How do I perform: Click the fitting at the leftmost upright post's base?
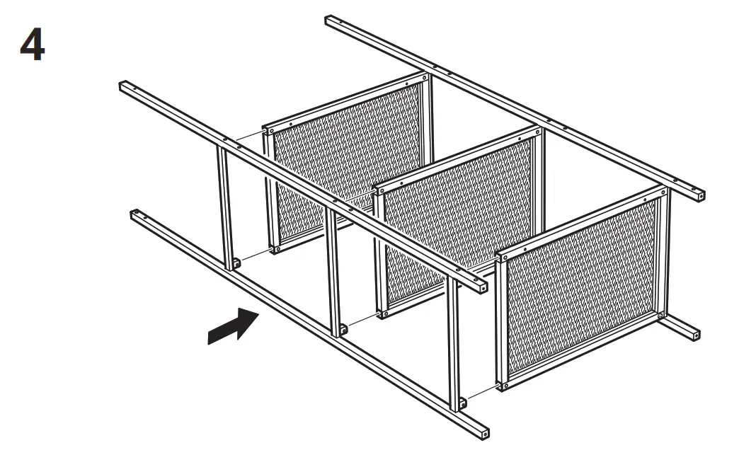click(236, 263)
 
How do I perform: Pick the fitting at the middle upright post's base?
click(344, 328)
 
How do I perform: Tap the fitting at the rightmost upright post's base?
click(462, 403)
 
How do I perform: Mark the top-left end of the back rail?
click(331, 19)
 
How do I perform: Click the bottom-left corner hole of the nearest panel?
click(505, 384)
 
